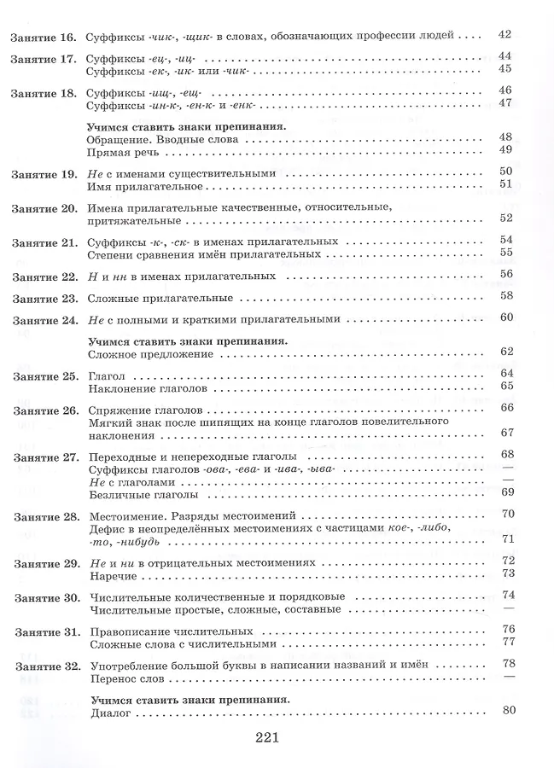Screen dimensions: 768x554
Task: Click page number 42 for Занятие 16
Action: click(x=504, y=35)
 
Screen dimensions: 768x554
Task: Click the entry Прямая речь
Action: click(x=123, y=150)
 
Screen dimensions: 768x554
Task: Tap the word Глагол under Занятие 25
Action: click(x=107, y=375)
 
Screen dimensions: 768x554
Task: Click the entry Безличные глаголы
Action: click(x=137, y=494)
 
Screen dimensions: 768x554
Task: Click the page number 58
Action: click(x=505, y=296)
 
